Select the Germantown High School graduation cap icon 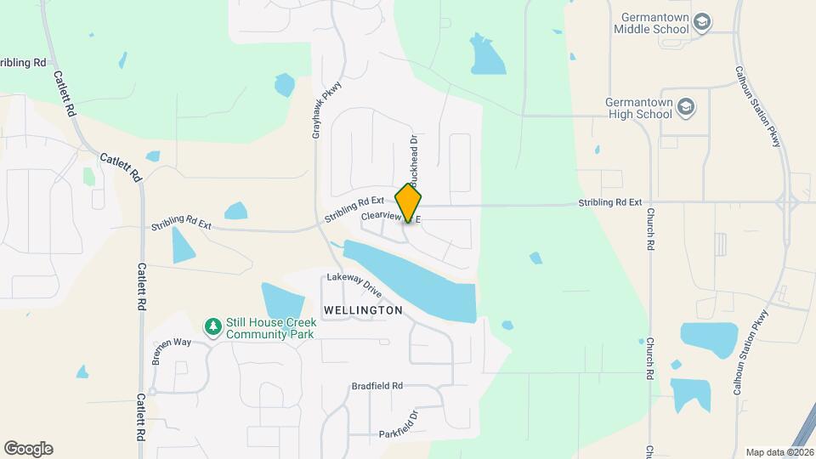coord(687,107)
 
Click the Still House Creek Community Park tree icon coord(212,326)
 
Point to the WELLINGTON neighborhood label coord(362,311)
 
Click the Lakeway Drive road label coord(360,285)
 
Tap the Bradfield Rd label coord(377,386)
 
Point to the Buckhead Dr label coord(415,161)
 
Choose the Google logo coord(28,448)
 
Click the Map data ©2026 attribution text coord(779,452)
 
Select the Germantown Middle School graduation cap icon coord(701,22)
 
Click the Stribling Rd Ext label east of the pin coord(609,203)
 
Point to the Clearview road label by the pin coord(382,218)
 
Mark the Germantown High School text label coord(638,107)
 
